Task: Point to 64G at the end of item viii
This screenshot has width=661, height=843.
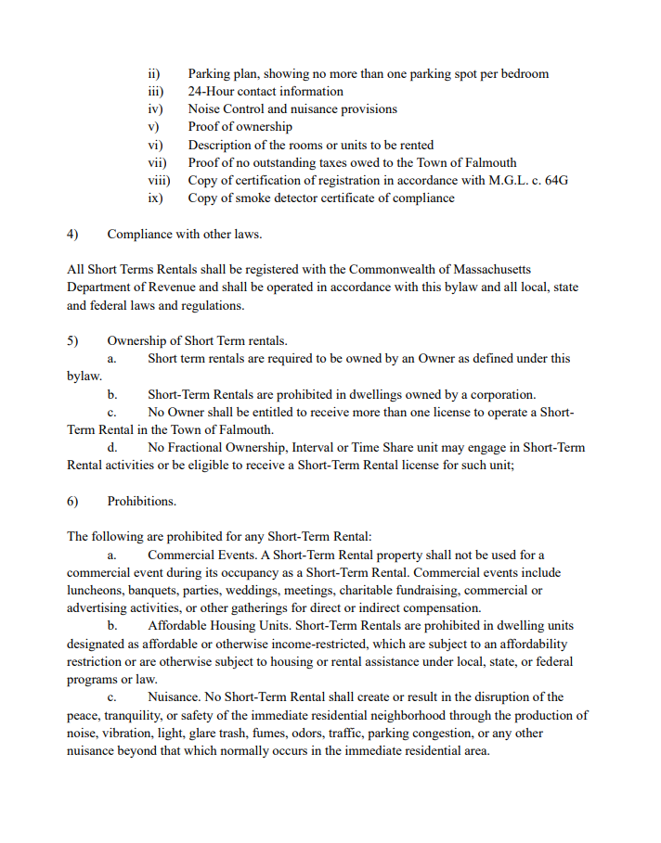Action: [555, 180]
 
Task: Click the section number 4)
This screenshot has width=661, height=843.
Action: [72, 234]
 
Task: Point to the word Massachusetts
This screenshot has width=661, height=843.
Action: [488, 269]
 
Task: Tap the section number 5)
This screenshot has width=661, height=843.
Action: [72, 340]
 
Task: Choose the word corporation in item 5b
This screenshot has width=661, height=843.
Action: [499, 394]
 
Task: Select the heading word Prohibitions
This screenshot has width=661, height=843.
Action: [141, 501]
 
